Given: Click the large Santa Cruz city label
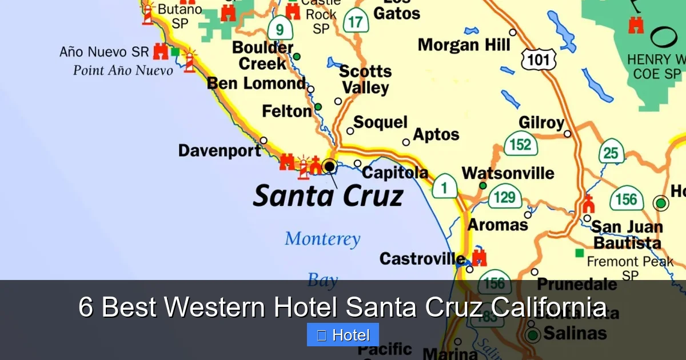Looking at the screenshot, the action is (328, 195).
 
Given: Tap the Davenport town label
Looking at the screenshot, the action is (220, 151).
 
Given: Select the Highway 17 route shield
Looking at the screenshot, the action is (356, 21).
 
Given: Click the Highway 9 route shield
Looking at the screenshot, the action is (280, 28).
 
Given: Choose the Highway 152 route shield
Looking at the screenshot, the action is (520, 144).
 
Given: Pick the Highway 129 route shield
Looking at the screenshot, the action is (504, 197).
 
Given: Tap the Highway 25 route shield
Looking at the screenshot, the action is (611, 153).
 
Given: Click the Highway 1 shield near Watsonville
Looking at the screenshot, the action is (444, 186).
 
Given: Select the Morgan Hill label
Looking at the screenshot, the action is (464, 45).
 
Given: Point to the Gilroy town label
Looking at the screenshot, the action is (541, 123).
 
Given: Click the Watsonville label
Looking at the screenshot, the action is (508, 173).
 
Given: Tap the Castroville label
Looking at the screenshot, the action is (422, 259).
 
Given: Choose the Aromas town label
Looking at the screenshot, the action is (497, 225).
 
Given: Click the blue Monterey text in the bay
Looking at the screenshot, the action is (322, 239).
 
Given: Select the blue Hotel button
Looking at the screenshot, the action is (343, 335).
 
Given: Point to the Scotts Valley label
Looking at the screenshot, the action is (365, 79).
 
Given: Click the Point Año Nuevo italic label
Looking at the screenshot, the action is (123, 70).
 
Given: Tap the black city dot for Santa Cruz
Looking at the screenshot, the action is (329, 166).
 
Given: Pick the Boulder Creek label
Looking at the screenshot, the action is (263, 55).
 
